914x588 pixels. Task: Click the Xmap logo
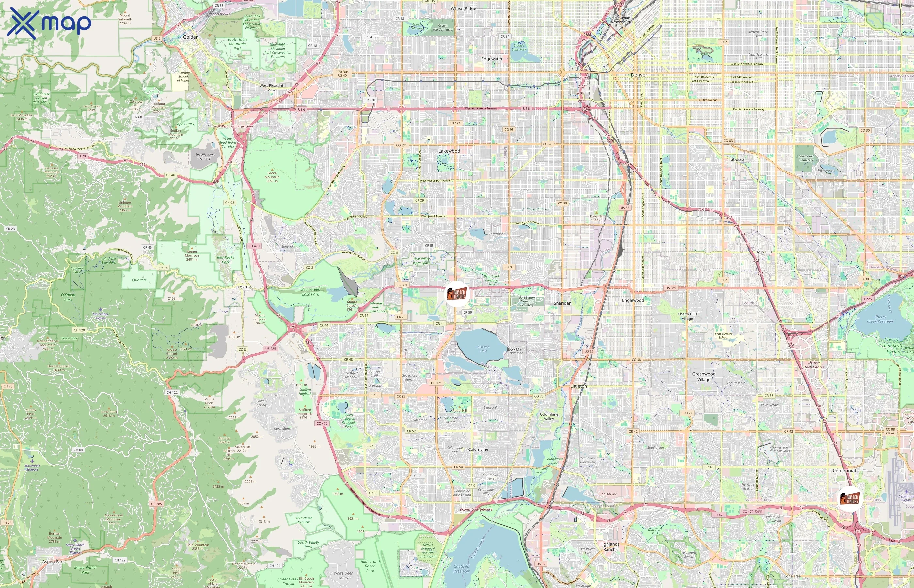49,23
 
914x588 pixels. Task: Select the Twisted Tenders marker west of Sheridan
456,294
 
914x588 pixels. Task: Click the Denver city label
638,75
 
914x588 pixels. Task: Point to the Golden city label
191,37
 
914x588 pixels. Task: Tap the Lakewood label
449,151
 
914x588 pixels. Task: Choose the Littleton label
578,386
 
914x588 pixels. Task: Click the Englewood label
633,300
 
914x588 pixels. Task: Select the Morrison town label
247,287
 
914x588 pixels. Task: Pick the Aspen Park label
54,562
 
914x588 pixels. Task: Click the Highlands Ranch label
609,547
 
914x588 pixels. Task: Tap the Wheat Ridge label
463,8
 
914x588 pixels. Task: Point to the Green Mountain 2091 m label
272,177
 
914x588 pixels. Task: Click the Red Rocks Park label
226,260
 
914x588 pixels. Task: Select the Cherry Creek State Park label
891,346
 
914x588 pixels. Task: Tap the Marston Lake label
484,349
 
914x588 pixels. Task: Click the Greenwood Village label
703,376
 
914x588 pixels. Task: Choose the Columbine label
478,449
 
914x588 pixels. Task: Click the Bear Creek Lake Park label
310,292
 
